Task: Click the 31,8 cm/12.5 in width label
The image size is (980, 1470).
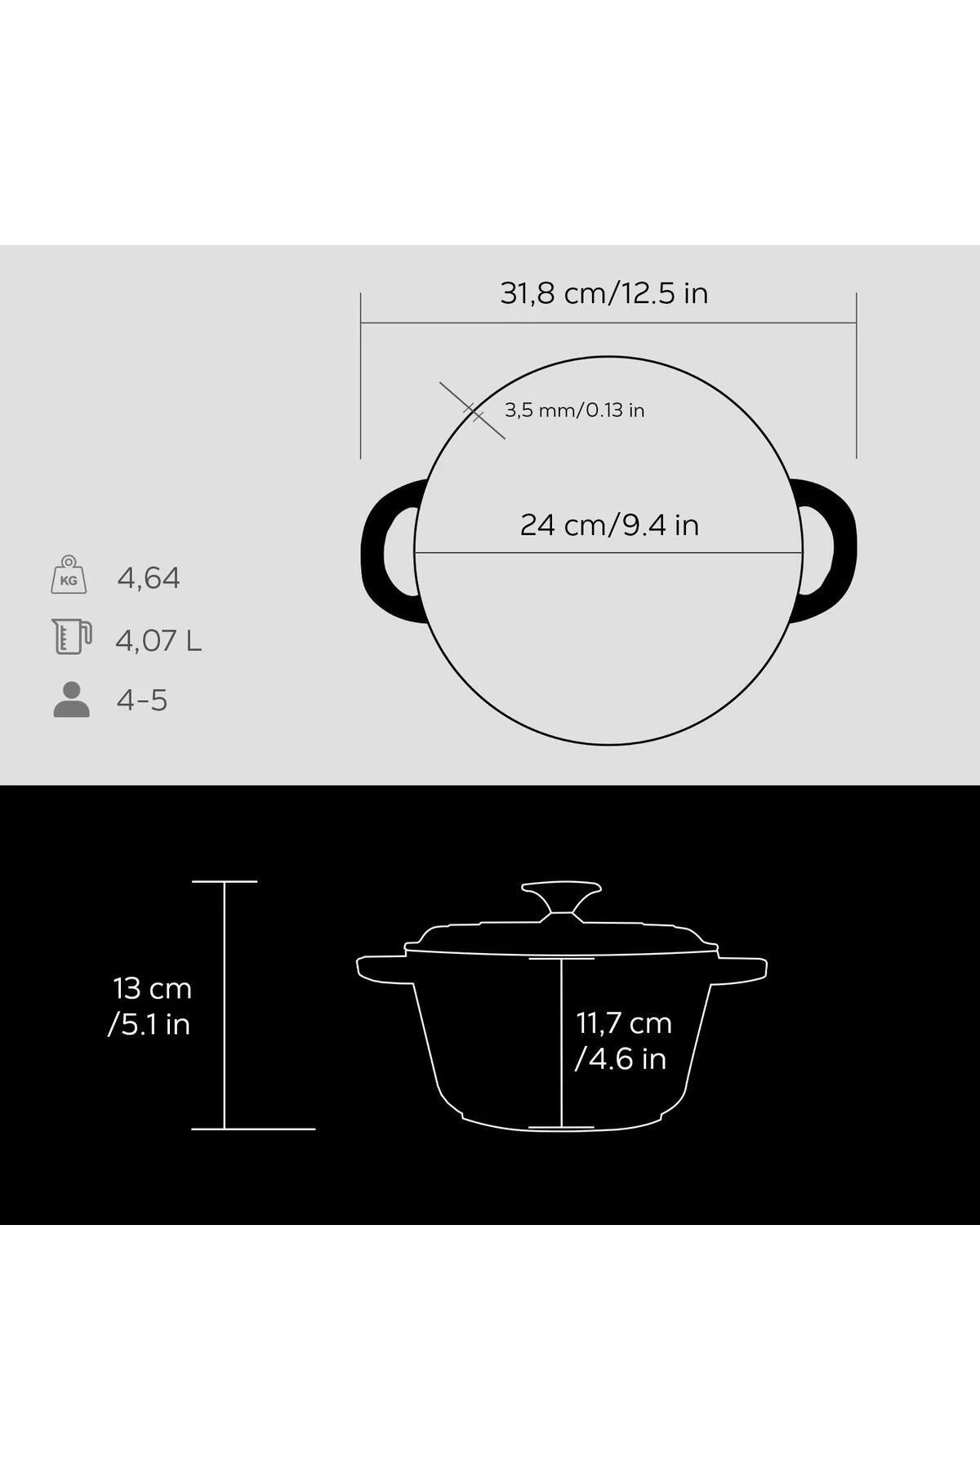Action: pyautogui.click(x=604, y=293)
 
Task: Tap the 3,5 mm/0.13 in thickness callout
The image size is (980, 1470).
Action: pyautogui.click(x=574, y=410)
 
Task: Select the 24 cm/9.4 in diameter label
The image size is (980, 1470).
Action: pyautogui.click(x=609, y=524)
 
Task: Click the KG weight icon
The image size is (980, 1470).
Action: pyautogui.click(x=69, y=575)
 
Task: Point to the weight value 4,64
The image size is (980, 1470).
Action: pyautogui.click(x=149, y=578)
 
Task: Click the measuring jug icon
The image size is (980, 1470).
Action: pyautogui.click(x=72, y=637)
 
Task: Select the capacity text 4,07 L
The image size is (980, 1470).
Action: pyautogui.click(x=158, y=640)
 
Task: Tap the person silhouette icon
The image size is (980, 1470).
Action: pyautogui.click(x=71, y=700)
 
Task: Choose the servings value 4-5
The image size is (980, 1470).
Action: pyautogui.click(x=142, y=701)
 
